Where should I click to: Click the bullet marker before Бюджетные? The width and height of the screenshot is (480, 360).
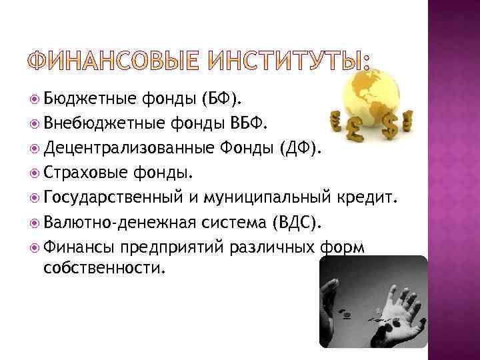(x=35, y=100)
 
